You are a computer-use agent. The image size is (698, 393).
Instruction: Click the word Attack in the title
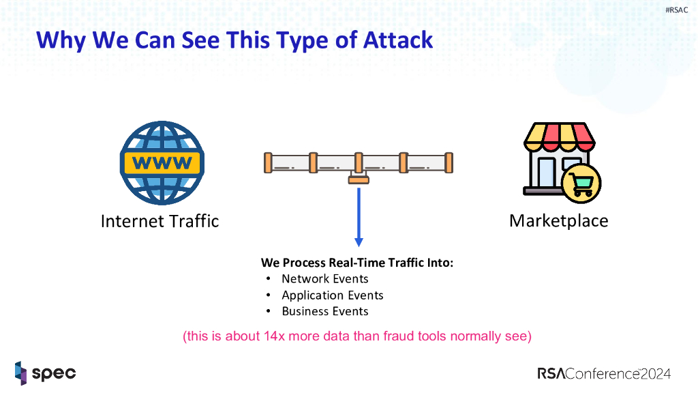(x=397, y=40)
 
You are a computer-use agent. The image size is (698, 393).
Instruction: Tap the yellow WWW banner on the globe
(x=162, y=163)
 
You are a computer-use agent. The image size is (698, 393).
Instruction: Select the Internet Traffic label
(x=160, y=221)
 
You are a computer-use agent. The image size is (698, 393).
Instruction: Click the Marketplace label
(x=558, y=221)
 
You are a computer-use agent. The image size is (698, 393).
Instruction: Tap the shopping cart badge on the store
(x=582, y=182)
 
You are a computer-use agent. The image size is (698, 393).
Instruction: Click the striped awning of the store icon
(x=559, y=137)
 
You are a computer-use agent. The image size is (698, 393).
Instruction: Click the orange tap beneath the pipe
(x=359, y=179)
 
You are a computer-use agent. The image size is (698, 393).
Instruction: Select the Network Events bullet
(x=324, y=279)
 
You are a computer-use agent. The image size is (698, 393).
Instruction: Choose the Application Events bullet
(x=332, y=295)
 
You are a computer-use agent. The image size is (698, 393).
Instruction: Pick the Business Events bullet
(x=324, y=312)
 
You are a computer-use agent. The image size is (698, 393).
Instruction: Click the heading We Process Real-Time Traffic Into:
(x=356, y=263)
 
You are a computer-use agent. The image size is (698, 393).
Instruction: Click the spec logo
(x=45, y=373)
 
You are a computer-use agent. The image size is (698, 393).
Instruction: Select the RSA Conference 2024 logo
(x=604, y=373)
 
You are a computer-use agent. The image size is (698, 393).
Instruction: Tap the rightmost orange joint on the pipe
(x=449, y=162)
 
